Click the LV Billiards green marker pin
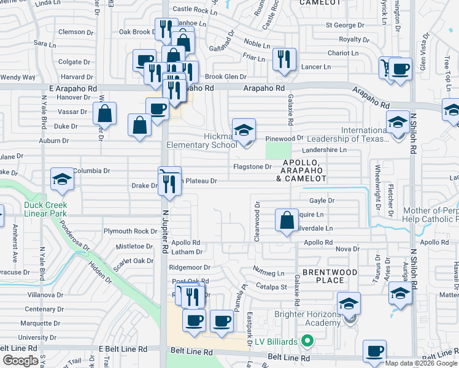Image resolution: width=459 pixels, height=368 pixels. click(309, 341)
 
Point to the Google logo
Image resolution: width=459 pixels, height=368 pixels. click(20, 361)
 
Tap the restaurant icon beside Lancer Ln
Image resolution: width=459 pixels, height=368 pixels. click(283, 59)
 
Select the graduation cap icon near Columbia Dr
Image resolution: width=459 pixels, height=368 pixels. click(62, 180)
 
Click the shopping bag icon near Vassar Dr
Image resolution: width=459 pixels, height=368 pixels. click(105, 113)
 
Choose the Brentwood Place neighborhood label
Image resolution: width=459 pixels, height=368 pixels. click(323, 276)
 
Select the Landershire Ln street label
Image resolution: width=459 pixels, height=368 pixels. click(325, 150)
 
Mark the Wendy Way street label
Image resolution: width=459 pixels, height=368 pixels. click(17, 77)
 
